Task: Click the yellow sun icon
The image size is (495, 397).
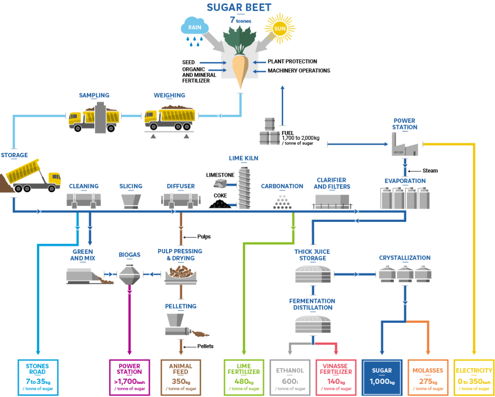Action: (x=280, y=29)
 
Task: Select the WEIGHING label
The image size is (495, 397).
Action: (x=169, y=95)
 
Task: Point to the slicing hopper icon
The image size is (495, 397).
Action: (x=131, y=199)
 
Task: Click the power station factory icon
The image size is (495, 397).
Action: (x=405, y=145)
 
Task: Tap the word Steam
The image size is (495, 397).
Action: (x=430, y=171)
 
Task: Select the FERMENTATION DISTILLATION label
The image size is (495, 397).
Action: (x=312, y=304)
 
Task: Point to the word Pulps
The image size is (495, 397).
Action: (x=204, y=237)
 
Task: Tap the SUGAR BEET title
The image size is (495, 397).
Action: (x=239, y=7)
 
